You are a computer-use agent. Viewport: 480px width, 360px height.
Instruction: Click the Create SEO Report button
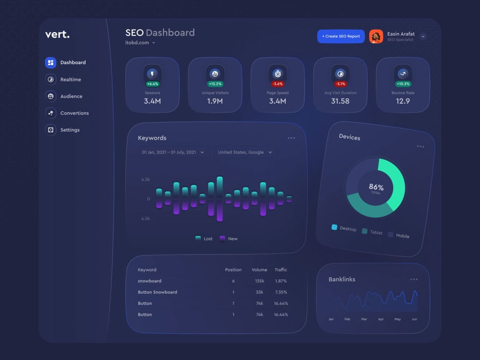tap(341, 37)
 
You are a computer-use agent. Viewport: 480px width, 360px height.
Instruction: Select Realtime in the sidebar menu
tap(70, 80)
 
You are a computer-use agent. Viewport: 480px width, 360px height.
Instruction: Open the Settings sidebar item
tap(70, 130)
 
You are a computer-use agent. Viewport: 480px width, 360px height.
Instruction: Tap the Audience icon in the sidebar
tap(50, 96)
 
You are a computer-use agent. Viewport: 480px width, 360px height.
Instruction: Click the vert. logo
tap(57, 34)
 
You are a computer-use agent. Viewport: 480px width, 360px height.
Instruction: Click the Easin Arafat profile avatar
tap(376, 37)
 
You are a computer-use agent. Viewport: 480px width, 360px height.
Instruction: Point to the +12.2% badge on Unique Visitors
tap(215, 84)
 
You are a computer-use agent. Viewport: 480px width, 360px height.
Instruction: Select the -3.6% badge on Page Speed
tap(278, 84)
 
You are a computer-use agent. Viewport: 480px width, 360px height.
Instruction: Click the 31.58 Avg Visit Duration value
tap(340, 101)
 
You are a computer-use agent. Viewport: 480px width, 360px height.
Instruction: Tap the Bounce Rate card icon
tap(403, 73)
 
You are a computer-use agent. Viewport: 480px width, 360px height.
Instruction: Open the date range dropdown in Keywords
tap(173, 153)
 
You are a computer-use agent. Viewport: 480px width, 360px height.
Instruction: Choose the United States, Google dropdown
tap(245, 153)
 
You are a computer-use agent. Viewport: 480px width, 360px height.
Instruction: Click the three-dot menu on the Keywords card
tap(291, 138)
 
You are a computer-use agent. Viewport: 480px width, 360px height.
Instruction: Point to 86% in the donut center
tap(376, 187)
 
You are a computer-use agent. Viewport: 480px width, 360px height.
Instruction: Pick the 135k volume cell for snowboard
tap(259, 281)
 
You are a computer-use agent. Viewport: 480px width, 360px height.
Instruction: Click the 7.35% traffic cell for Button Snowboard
tap(280, 292)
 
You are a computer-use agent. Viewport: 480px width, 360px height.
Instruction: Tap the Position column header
tap(233, 270)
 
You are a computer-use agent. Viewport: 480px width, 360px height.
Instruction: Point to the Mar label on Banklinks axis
tap(364, 319)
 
